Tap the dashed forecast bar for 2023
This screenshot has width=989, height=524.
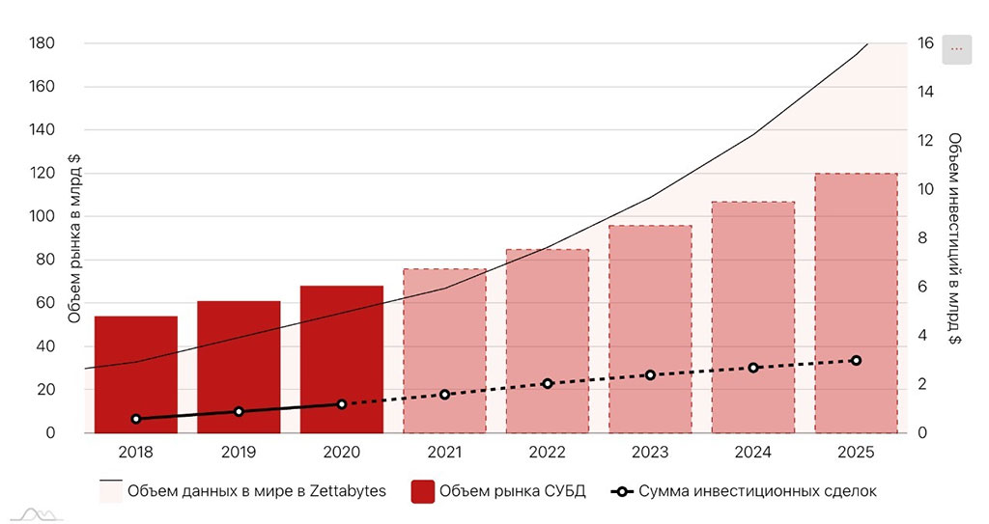(650, 328)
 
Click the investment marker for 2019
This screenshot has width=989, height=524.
(239, 411)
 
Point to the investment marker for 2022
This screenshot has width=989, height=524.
(548, 383)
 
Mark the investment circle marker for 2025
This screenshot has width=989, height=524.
(856, 360)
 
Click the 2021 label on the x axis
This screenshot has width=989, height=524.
(444, 451)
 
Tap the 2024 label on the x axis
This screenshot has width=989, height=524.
(753, 451)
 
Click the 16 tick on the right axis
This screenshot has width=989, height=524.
(924, 43)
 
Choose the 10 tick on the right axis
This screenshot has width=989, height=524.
(924, 189)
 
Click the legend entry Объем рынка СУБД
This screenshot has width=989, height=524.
(512, 491)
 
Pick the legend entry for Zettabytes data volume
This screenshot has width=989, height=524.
(257, 491)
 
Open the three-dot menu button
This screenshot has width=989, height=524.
(956, 48)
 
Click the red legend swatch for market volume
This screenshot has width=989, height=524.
(421, 491)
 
